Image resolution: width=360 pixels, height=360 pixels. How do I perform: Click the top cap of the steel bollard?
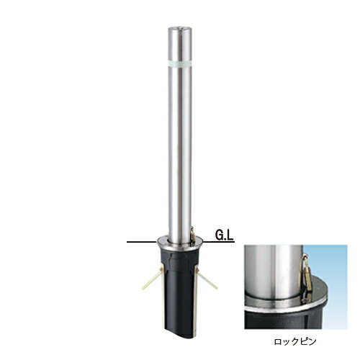[180, 29]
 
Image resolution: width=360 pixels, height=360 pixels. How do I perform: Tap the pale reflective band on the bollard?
[180, 63]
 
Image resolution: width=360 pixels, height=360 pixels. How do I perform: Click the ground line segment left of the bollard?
[142, 242]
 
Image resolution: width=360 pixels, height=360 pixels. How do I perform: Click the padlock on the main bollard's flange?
[192, 236]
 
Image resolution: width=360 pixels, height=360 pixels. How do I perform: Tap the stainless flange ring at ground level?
[179, 243]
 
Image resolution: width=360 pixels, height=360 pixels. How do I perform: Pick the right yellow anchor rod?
[207, 279]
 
